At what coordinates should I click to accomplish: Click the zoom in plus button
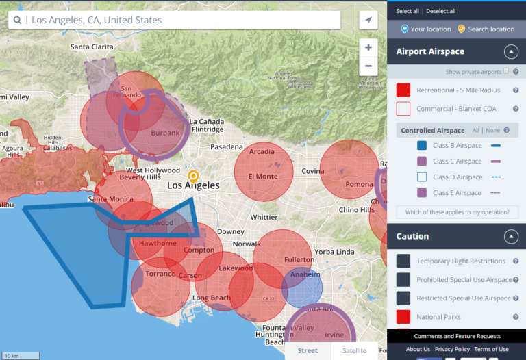[368, 47]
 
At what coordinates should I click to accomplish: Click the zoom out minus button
[368, 66]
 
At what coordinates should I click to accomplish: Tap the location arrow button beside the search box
[368, 20]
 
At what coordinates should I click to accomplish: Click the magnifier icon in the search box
[17, 20]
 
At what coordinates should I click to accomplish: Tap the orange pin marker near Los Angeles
[194, 176]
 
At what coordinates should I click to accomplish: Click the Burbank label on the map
[165, 133]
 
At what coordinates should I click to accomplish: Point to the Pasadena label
[226, 146]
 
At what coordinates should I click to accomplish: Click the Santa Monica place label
[110, 199]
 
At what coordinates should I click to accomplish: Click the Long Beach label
[212, 298]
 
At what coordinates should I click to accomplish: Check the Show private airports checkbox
[506, 71]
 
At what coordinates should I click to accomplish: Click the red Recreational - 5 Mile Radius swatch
[403, 90]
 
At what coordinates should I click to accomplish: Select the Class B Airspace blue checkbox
[423, 145]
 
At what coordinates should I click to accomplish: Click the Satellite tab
[354, 350]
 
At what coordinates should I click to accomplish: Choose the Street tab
[308, 350]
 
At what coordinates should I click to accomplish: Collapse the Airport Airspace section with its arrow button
[511, 51]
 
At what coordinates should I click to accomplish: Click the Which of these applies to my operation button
[457, 212]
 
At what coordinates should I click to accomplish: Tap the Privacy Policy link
[452, 349]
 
